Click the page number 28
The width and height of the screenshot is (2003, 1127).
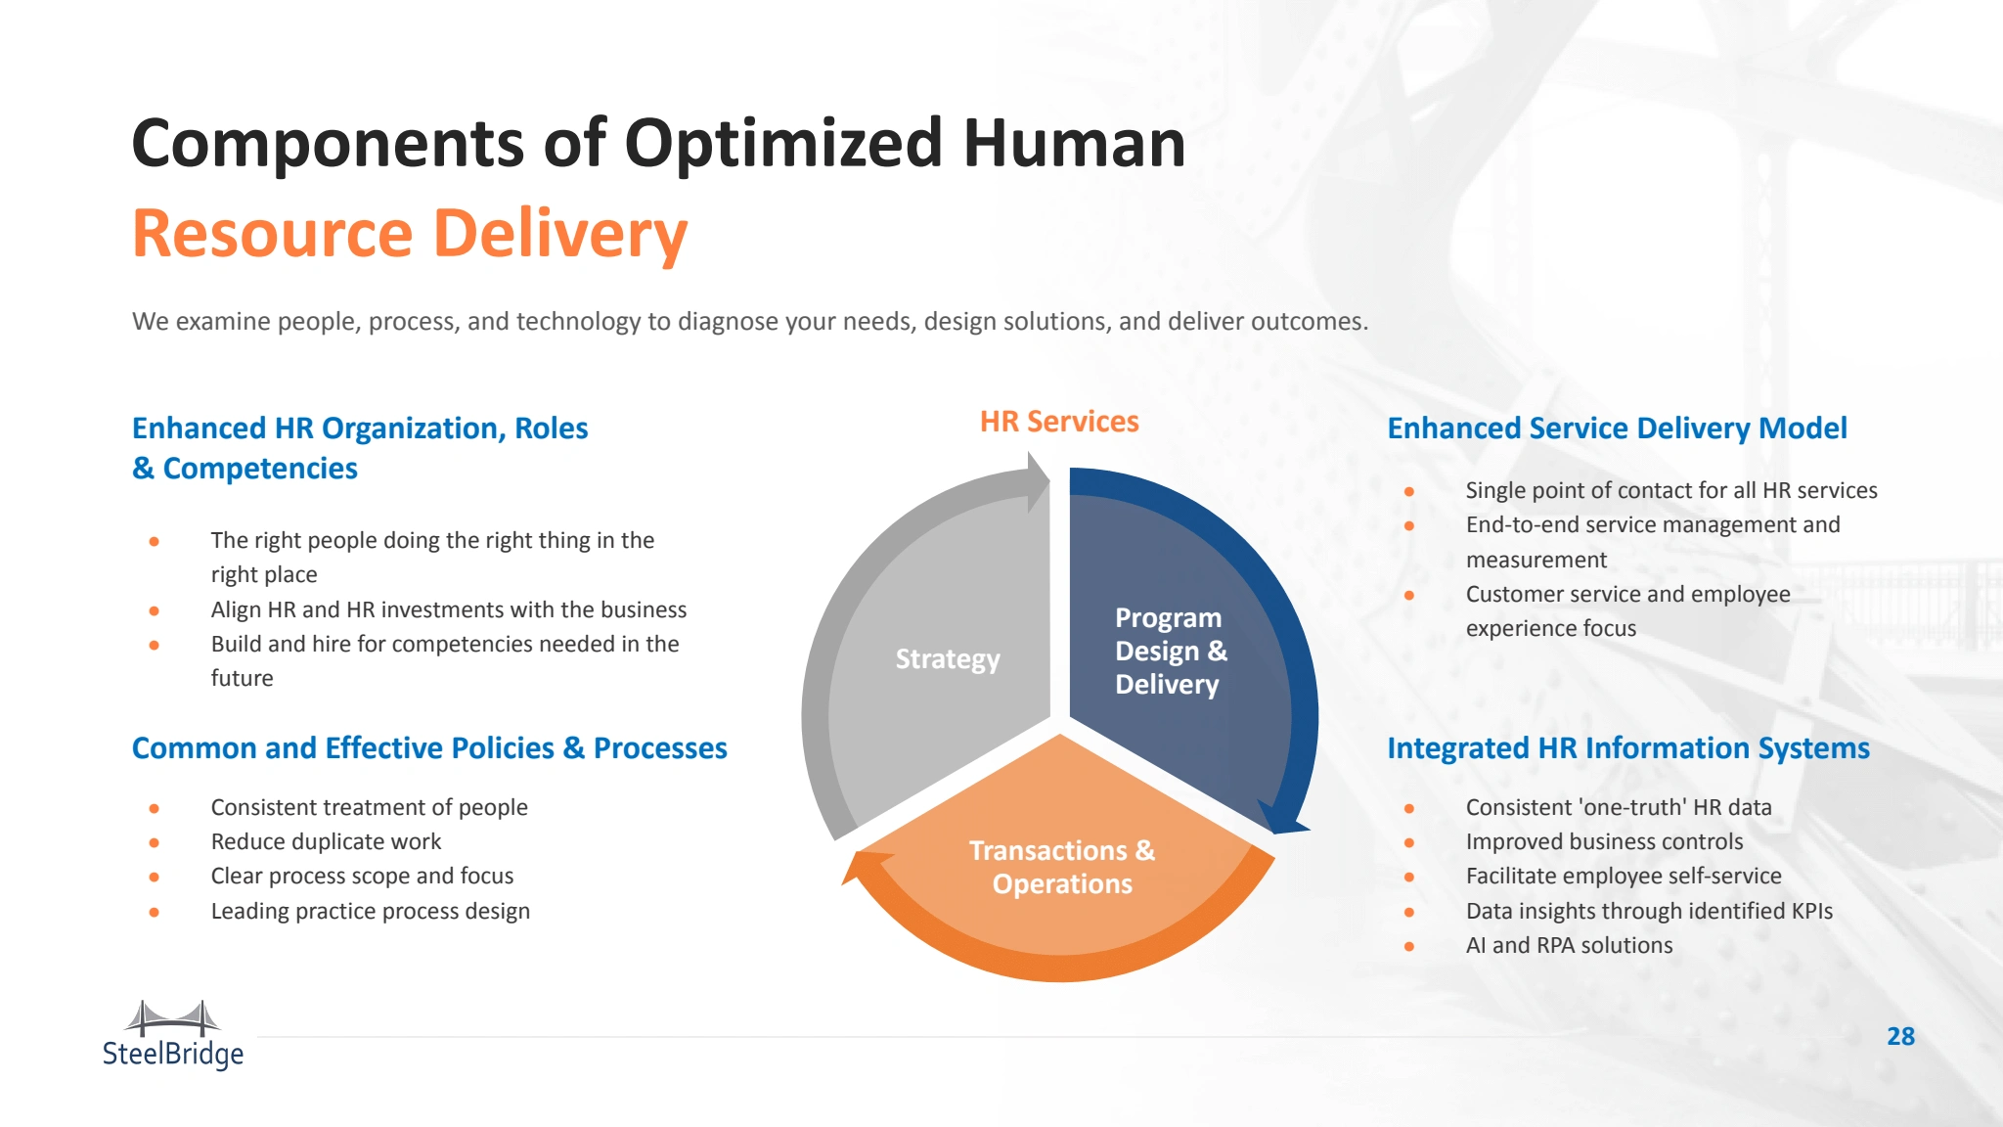(x=1900, y=1036)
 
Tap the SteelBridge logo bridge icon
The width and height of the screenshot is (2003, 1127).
(x=173, y=1018)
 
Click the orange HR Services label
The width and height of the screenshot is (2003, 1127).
(x=1059, y=422)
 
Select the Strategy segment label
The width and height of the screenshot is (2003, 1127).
(x=948, y=659)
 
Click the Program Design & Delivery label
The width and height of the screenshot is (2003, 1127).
(x=1171, y=651)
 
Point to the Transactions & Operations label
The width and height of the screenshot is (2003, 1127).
(x=1062, y=867)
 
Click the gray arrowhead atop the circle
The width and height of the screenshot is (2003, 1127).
(x=1037, y=481)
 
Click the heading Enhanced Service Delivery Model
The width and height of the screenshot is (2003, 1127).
(x=1617, y=428)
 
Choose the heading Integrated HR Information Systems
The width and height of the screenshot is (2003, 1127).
(x=1628, y=748)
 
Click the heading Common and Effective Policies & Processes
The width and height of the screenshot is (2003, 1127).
(x=429, y=748)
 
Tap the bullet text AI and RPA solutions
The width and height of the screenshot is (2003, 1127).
(x=1569, y=945)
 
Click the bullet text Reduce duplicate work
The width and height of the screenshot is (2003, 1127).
(x=326, y=841)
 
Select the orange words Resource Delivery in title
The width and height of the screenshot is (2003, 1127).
(x=410, y=234)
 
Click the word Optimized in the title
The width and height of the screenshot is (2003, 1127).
(x=782, y=144)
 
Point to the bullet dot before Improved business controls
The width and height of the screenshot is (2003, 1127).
(x=1409, y=842)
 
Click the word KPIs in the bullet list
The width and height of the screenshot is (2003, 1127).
(x=1812, y=911)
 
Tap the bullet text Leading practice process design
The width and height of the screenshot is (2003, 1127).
(x=370, y=911)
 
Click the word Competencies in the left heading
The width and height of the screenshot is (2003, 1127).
(x=260, y=469)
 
